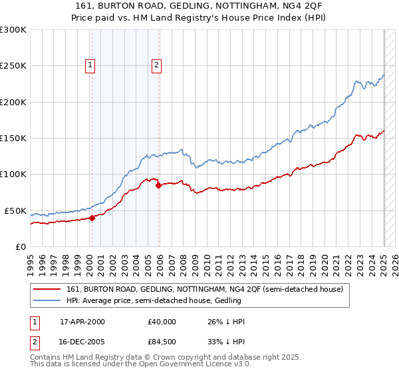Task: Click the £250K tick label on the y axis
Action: (13, 66)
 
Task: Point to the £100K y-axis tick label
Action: (13, 175)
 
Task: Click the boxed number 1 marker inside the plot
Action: (90, 65)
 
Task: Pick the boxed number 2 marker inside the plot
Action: (156, 65)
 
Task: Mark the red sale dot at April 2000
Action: (92, 217)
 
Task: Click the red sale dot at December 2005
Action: (159, 185)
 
